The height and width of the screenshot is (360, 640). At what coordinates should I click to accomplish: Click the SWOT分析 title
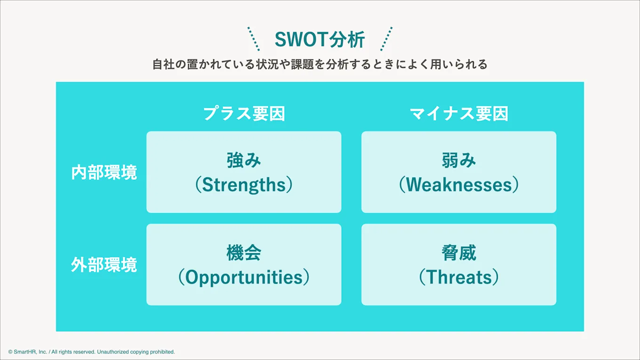point(320,40)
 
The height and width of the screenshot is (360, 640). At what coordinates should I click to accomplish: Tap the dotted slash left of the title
point(254,39)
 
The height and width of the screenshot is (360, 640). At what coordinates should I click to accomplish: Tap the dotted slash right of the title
point(386,39)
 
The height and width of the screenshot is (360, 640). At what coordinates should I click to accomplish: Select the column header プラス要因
point(244,114)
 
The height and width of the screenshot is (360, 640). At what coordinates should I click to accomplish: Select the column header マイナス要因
point(459,114)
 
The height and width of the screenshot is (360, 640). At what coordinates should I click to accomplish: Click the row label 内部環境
point(104,172)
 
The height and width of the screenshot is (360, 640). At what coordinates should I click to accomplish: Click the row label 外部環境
point(104,264)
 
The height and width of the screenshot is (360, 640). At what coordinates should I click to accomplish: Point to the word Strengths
point(244,185)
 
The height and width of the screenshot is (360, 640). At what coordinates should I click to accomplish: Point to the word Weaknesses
point(459,184)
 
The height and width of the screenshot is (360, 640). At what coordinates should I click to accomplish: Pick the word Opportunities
point(244,278)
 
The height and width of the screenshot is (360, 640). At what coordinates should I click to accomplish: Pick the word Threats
point(459,277)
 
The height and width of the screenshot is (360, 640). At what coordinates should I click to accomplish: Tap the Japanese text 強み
point(244,160)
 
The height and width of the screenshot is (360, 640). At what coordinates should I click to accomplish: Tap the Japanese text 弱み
point(459,160)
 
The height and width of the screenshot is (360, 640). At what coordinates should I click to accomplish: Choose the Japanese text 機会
point(244,253)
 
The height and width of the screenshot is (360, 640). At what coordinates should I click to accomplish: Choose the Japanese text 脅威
point(459,253)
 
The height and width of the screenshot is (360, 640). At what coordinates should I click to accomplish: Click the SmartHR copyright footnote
point(91,352)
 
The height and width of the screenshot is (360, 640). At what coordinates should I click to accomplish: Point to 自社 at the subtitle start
point(163,64)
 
